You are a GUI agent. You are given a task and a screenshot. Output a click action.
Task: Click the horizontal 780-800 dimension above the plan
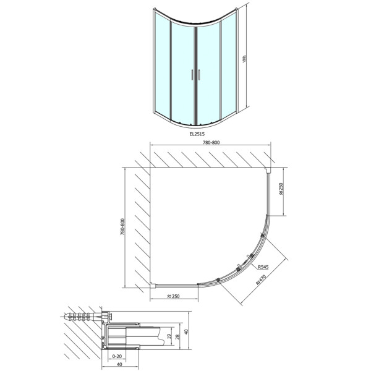point(211,143)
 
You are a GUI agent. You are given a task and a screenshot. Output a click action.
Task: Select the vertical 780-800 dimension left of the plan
point(123,226)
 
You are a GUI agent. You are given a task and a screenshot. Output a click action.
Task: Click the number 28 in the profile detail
point(179,338)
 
